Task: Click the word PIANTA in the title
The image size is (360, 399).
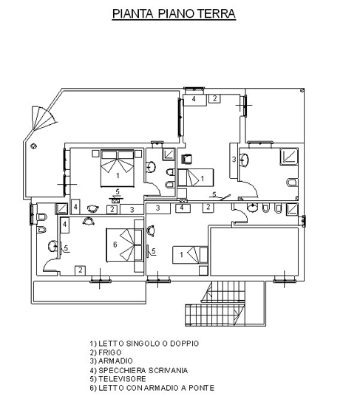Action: pos(132,14)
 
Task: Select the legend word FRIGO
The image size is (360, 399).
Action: pos(110,352)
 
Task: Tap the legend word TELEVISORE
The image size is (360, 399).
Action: pos(122,379)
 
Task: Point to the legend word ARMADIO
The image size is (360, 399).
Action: pos(115,361)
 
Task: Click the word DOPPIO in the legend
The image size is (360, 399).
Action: pos(184,344)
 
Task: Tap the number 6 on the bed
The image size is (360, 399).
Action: pos(115,245)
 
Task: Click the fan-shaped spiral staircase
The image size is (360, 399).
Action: pos(43,118)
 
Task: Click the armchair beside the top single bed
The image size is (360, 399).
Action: pos(187,159)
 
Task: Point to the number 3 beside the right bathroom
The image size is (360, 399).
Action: pos(234,160)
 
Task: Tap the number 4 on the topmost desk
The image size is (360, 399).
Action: pos(194,99)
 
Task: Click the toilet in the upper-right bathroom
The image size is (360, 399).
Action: pos(292,183)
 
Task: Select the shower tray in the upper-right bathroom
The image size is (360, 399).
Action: pos(289,157)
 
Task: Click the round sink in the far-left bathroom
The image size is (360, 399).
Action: pos(52,246)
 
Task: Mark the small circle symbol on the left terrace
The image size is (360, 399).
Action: pos(33,146)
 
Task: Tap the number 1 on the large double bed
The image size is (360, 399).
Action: pos(118,175)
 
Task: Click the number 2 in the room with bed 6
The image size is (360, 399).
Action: pos(81,270)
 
